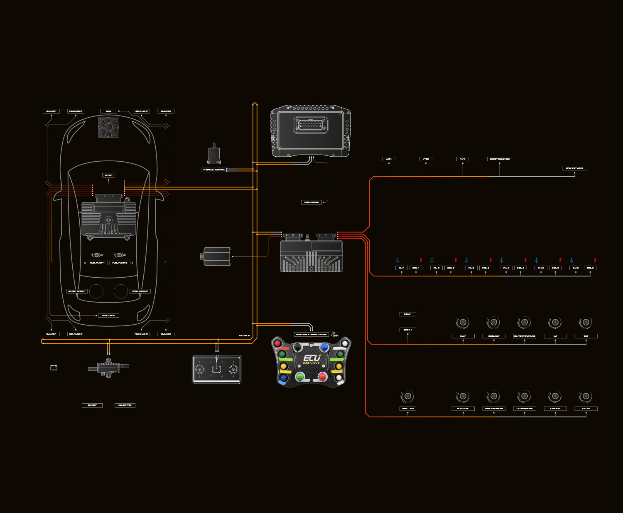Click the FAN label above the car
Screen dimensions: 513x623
(x=108, y=111)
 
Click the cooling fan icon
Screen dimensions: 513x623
(x=108, y=127)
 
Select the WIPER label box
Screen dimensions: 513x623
(x=108, y=175)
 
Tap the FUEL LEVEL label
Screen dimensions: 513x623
(x=108, y=316)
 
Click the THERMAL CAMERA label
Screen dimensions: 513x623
(x=214, y=170)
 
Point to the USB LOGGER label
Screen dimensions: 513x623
(x=311, y=202)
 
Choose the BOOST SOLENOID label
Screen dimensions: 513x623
(x=499, y=159)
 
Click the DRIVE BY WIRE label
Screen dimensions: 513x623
(x=574, y=168)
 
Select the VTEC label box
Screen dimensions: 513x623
(x=426, y=159)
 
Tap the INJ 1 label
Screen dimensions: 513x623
(x=401, y=268)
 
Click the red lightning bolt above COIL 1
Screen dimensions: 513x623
(x=421, y=261)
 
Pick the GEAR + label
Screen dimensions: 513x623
(x=407, y=330)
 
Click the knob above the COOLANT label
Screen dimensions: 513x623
(x=493, y=322)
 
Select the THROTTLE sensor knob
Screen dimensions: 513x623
(x=407, y=396)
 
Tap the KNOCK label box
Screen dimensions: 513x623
(x=586, y=409)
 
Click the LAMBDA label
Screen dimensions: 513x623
(x=555, y=409)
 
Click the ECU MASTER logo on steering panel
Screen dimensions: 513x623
(x=311, y=360)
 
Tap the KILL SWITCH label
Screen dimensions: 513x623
(x=125, y=405)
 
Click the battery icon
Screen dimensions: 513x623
(x=54, y=367)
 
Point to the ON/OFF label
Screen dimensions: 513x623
(x=92, y=405)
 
